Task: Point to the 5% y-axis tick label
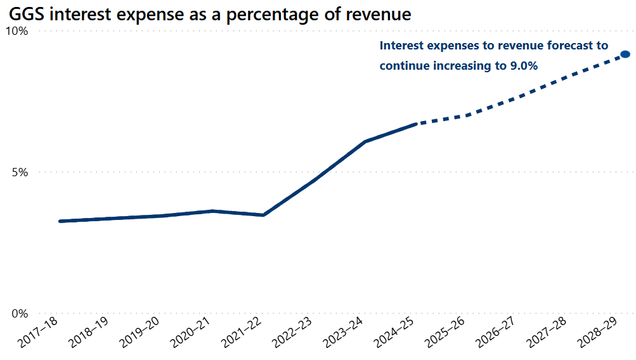[x=20, y=172]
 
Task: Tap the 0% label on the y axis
[x=20, y=314]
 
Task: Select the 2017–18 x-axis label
[x=38, y=332]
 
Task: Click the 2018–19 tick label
[x=89, y=332]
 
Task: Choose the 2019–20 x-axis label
[x=140, y=332]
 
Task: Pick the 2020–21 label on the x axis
[x=191, y=332]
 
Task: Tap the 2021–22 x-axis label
[x=242, y=332]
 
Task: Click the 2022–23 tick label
[x=294, y=332]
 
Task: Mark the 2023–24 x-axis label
[x=344, y=332]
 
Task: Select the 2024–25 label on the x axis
[x=396, y=332]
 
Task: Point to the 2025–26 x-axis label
[x=446, y=332]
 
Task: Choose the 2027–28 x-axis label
[x=548, y=332]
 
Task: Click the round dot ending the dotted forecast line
[x=625, y=55]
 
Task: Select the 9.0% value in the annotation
[x=524, y=66]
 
